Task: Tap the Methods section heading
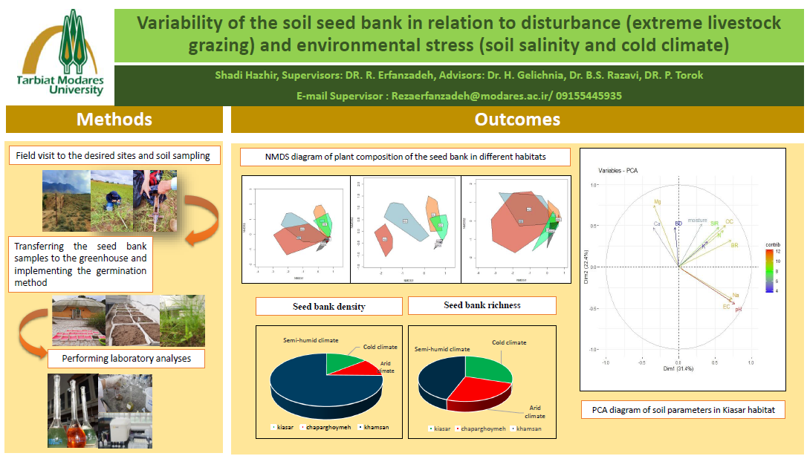114,120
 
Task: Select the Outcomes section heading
517,120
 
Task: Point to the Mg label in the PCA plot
657,202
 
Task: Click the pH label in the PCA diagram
739,310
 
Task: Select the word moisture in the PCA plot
697,221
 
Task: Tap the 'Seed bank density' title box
328,306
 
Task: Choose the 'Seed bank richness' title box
482,305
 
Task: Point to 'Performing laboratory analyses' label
126,359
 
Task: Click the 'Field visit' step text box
114,155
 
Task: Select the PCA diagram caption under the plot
683,410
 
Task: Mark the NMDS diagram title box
405,157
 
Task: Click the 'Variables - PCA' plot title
618,171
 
